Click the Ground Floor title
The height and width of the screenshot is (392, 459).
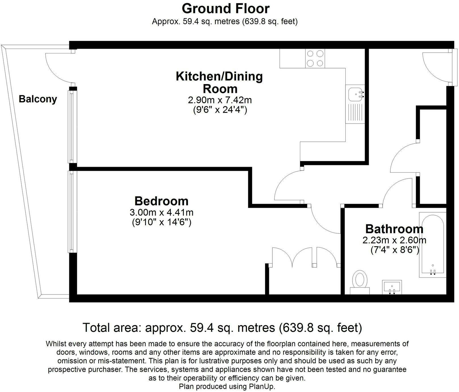tap(226, 9)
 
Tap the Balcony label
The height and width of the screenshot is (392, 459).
tap(38, 99)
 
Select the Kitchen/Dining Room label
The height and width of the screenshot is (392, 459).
tap(220, 82)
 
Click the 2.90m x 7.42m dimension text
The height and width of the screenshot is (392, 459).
tap(220, 100)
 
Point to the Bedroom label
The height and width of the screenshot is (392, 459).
tap(161, 201)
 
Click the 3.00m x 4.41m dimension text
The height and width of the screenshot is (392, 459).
tap(161, 212)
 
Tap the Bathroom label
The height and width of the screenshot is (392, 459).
tap(394, 229)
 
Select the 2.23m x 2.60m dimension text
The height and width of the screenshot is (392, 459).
tap(394, 240)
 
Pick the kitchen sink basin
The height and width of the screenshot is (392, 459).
tap(355, 94)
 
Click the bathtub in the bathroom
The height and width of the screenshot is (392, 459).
tap(433, 245)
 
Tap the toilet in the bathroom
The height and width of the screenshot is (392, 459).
tap(360, 282)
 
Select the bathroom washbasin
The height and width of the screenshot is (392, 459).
tap(392, 287)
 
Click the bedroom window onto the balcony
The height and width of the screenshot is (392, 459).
tap(71, 211)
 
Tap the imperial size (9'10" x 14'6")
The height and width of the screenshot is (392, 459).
tap(161, 222)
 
